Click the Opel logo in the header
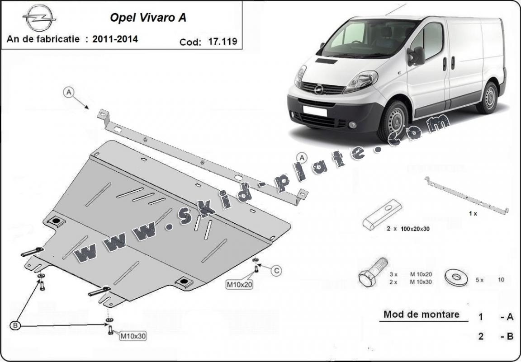[x=39, y=18]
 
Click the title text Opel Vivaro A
[x=148, y=18]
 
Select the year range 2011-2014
[x=115, y=39]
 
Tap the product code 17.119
[x=223, y=42]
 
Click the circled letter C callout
[x=276, y=271]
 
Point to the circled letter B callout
[x=15, y=326]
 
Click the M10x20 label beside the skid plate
[x=239, y=284]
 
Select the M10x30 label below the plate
[x=133, y=336]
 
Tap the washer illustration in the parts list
[x=456, y=277]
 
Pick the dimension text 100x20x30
[x=415, y=229]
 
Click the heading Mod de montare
[x=422, y=314]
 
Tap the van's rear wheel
[x=488, y=98]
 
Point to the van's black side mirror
[x=417, y=56]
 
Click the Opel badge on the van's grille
[x=319, y=89]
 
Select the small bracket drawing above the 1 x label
[x=467, y=196]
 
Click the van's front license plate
[x=315, y=111]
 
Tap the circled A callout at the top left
[x=68, y=92]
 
